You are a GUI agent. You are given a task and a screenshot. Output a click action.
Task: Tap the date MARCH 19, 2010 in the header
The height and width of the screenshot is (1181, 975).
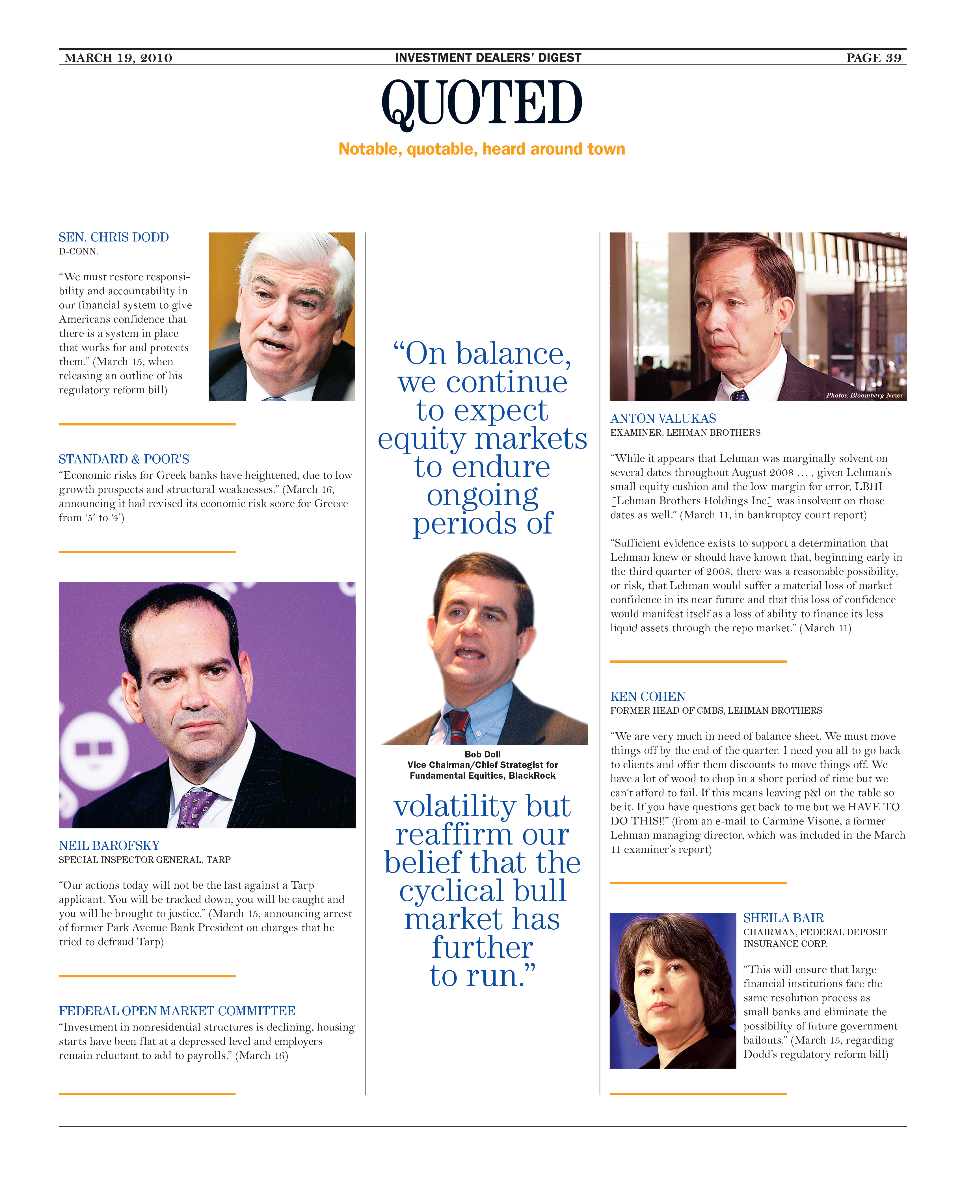[x=118, y=58]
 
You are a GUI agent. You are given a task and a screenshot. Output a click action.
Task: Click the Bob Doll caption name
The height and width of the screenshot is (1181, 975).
[x=483, y=754]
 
